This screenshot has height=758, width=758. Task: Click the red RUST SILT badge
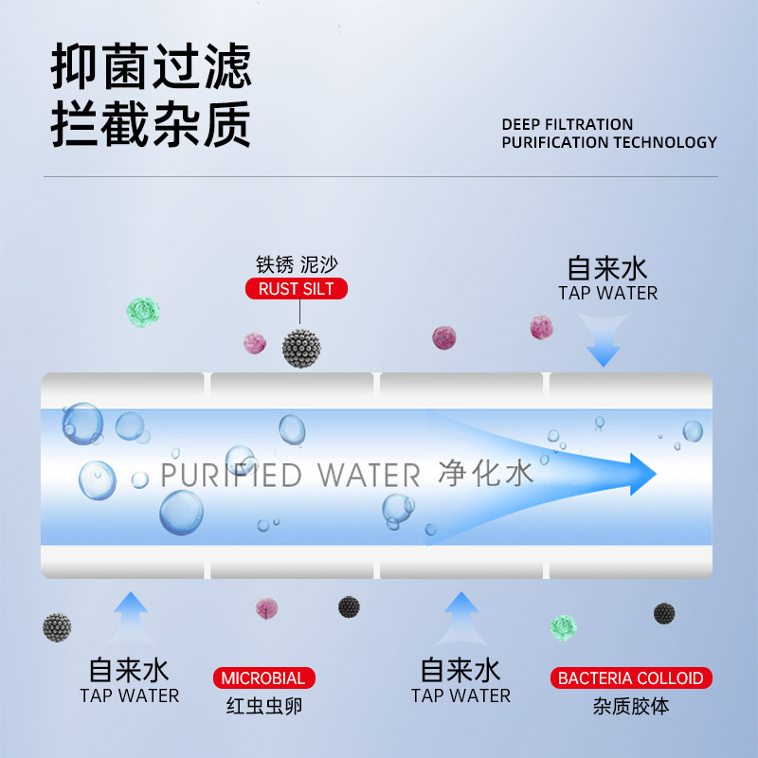point(297,289)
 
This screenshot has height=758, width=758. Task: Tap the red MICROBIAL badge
point(263,678)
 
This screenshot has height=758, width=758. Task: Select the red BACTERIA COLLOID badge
point(631,678)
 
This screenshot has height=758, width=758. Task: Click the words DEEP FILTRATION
point(567,124)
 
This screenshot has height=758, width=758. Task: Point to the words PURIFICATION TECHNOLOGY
point(608,142)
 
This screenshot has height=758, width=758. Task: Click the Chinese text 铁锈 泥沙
point(297,264)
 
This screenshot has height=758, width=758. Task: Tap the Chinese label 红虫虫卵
point(264,706)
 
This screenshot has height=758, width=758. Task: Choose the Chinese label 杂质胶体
point(631,706)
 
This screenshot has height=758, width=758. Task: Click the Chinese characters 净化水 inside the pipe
point(486,472)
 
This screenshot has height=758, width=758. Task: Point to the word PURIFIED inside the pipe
point(232,474)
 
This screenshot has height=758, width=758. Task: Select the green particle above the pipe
point(143,313)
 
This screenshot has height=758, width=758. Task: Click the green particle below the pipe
point(564,625)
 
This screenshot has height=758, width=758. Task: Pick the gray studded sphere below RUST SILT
point(301,348)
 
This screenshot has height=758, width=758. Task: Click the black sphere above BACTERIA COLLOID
point(664,613)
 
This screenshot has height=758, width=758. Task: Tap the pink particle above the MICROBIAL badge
point(266,607)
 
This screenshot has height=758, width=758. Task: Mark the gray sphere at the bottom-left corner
point(57,626)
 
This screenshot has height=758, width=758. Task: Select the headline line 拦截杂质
point(152,124)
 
